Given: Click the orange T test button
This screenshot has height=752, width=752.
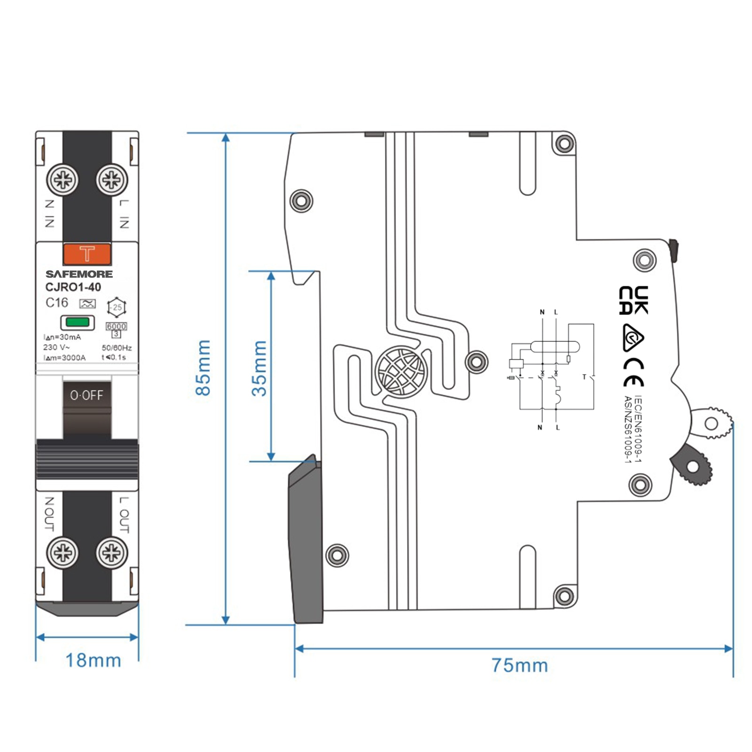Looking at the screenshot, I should (87, 254).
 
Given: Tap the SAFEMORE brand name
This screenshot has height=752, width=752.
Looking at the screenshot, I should (79, 274).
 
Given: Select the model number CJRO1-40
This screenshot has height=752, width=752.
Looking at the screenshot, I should (73, 287).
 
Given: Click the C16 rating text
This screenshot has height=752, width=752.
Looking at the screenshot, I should (57, 303).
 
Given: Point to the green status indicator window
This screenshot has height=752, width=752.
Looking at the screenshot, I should (78, 322).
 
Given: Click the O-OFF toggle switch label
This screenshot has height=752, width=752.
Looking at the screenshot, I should (86, 395).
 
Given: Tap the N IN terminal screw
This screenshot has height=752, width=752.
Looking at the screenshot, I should (63, 180).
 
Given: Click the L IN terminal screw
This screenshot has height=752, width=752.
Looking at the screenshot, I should (112, 180).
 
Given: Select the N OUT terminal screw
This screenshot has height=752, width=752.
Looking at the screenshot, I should (63, 553).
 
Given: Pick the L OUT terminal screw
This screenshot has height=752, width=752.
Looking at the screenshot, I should (112, 553).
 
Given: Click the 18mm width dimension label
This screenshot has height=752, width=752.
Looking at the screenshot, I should (93, 660).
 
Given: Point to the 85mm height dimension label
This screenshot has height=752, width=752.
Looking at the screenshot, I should (203, 368).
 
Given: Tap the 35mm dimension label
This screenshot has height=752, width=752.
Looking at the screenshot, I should (259, 368).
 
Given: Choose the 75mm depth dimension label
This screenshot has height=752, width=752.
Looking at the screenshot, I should (520, 666).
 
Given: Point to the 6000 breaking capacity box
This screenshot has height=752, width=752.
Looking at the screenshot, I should (117, 326).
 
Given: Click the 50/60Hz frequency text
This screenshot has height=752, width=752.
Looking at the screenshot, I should (117, 348).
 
